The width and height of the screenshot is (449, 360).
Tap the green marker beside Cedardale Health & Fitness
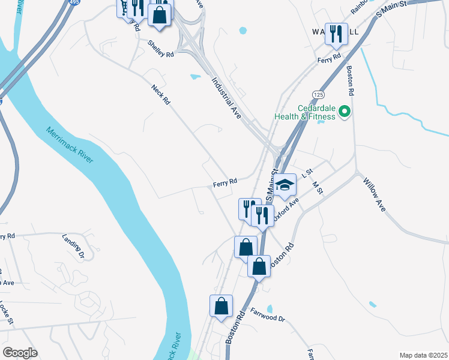click(345, 111)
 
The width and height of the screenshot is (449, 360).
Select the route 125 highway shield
click(318, 95)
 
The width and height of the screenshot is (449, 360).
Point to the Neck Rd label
click(160, 94)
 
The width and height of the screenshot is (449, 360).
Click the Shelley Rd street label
click(161, 48)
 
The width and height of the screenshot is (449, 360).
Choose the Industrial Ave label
click(225, 98)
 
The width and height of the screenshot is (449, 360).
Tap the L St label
click(309, 173)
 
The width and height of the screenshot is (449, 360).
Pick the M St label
click(318, 188)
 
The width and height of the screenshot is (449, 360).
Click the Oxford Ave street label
click(286, 211)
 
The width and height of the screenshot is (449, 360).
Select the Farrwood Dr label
click(268, 314)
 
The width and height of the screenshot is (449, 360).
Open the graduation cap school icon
click(285, 185)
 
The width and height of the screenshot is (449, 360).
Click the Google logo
click(20, 353)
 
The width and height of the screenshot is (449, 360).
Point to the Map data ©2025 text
click(423, 355)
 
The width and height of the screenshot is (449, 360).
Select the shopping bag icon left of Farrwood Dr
click(221, 305)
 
